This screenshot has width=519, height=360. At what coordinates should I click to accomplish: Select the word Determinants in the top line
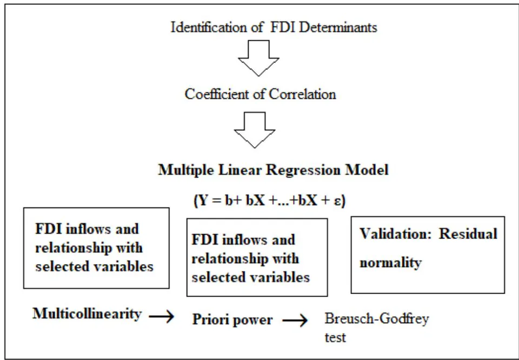[337, 27]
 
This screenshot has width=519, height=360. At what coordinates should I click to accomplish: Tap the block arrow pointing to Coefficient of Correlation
[258, 58]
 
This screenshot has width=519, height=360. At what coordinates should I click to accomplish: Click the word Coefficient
[216, 94]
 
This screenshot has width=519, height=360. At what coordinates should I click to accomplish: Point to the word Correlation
[302, 94]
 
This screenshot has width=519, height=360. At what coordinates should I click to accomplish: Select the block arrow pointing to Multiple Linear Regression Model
[255, 130]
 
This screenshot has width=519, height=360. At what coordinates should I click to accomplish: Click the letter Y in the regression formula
[202, 201]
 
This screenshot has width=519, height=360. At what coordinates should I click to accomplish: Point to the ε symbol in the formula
[337, 202]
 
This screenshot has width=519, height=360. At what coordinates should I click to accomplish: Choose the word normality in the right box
[390, 263]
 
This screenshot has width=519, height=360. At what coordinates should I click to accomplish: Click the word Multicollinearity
[87, 314]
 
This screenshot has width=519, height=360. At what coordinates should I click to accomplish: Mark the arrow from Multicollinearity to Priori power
[161, 317]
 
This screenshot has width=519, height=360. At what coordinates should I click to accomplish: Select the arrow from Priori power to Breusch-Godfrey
[295, 321]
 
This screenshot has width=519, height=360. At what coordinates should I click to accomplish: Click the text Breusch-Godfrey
[377, 319]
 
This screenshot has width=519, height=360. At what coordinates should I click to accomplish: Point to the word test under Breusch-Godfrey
[335, 338]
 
